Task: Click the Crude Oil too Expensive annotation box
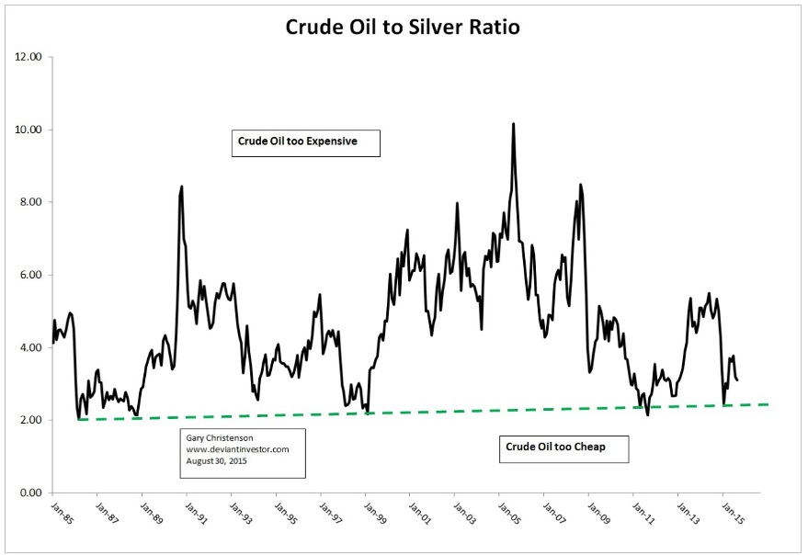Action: pos(305,142)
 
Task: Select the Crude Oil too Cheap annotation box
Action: pos(567,447)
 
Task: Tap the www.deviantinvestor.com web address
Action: pos(238,449)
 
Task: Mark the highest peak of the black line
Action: pos(513,124)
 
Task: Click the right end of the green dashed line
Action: pos(768,404)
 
